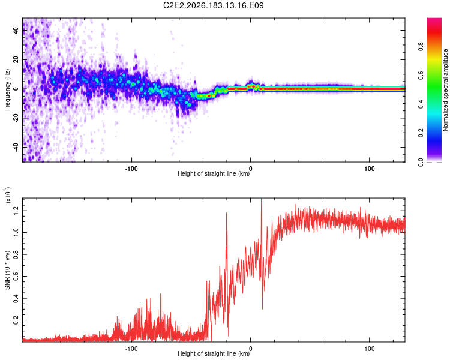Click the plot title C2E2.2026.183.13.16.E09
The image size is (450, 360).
(213, 5)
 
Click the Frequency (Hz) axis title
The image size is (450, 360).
(7, 90)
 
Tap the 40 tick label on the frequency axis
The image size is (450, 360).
(16, 31)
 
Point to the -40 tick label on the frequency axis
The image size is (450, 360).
(16, 148)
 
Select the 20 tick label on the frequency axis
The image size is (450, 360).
(16, 60)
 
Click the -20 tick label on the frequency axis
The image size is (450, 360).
(16, 118)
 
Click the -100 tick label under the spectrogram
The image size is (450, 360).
(131, 169)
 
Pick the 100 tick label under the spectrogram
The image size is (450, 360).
(370, 169)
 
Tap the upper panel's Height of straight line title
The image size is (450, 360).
(214, 173)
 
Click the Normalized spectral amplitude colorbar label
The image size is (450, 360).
(445, 90)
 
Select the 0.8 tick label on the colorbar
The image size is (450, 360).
(421, 46)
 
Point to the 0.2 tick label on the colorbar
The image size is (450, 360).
(421, 133)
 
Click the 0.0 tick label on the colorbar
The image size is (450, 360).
(421, 162)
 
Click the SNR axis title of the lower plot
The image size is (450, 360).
(7, 270)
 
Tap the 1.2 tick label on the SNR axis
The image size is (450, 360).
(16, 211)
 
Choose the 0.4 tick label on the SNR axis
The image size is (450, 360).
(16, 298)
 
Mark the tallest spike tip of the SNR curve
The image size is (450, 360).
(261, 199)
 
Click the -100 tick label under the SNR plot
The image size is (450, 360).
(131, 349)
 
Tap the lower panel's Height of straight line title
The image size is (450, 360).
(214, 353)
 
